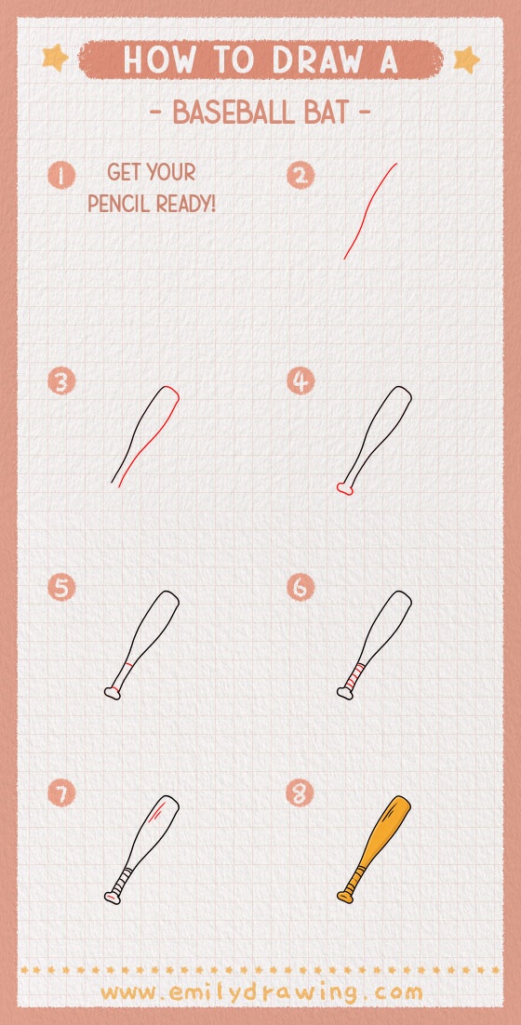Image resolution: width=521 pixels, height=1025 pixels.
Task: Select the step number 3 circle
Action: click(x=61, y=382)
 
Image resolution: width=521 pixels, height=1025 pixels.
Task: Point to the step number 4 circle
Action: click(x=301, y=381)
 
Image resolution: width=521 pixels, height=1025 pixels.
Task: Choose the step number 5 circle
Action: click(x=61, y=588)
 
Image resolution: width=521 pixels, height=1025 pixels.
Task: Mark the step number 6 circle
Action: click(x=301, y=588)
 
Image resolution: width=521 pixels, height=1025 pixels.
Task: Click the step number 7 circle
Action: click(x=61, y=793)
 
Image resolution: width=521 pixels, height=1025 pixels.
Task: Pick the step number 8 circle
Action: click(x=301, y=793)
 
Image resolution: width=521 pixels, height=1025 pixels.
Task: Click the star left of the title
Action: click(x=56, y=59)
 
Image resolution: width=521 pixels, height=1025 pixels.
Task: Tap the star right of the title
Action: click(x=465, y=60)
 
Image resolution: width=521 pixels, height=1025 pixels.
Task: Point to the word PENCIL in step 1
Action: click(x=119, y=203)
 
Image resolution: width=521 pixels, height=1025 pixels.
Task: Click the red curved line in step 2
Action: click(x=369, y=212)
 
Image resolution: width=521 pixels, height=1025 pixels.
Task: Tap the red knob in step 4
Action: click(x=344, y=488)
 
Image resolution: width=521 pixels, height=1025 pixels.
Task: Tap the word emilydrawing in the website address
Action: click(x=261, y=992)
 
